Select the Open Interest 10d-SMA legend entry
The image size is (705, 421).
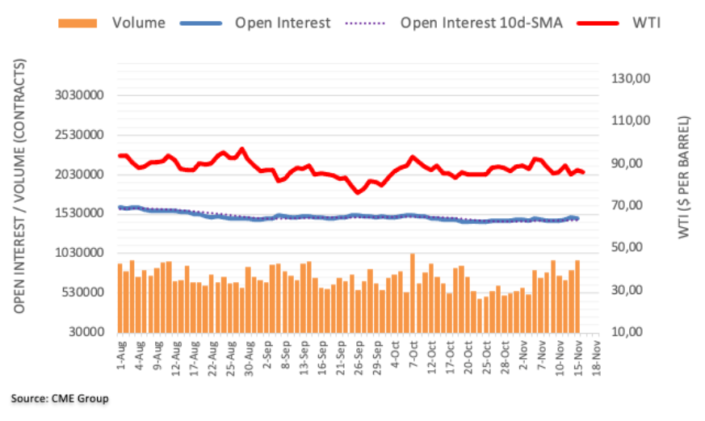(x=480, y=23)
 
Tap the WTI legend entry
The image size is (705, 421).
(x=647, y=23)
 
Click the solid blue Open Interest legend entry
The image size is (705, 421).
(x=282, y=23)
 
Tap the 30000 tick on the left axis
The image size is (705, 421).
(x=90, y=332)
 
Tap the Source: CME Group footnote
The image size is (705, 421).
(x=60, y=398)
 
